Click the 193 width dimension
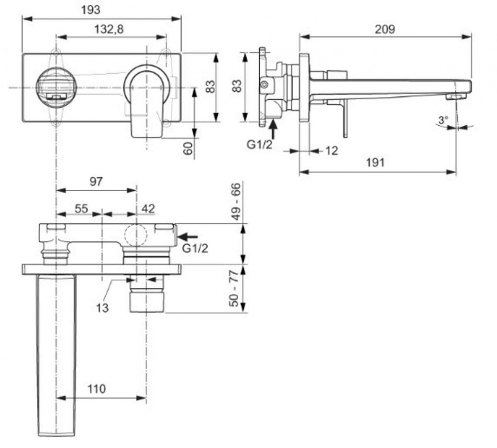coord(91,10)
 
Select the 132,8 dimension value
coord(109,30)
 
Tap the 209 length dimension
coord(385,30)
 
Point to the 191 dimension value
coord(375,163)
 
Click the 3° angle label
coord(443,120)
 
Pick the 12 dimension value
coord(331,150)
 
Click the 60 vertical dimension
coord(188,149)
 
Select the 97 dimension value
coord(96,182)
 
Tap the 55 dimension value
coord(81,209)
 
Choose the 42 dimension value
coord(149,209)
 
